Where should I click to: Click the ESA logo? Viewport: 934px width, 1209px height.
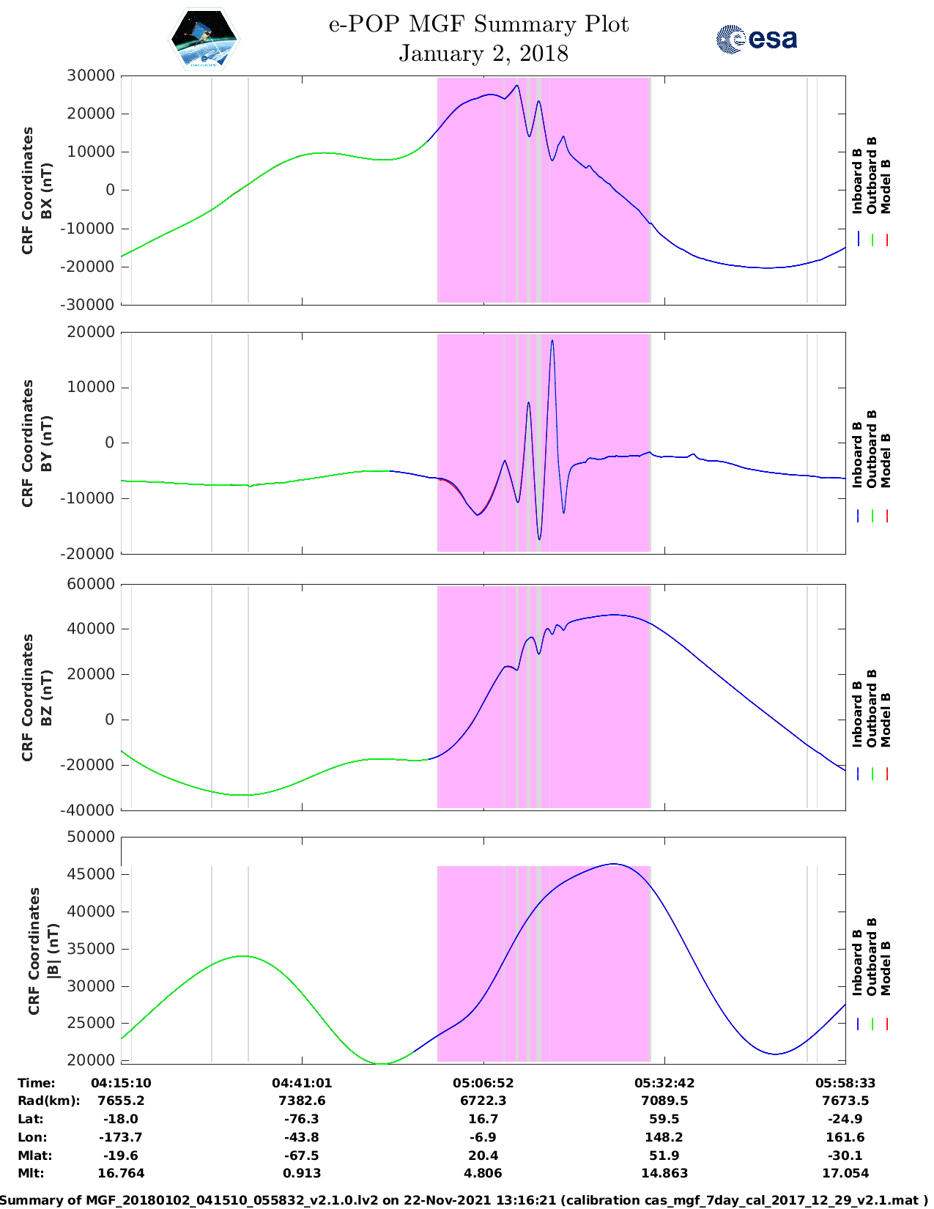tap(756, 39)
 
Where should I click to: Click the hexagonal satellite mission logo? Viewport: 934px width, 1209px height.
tap(204, 40)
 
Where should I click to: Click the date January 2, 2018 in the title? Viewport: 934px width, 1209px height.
tap(483, 53)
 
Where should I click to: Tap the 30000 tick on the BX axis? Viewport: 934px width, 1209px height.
tap(90, 75)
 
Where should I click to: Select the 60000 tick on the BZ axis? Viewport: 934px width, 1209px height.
tap(90, 584)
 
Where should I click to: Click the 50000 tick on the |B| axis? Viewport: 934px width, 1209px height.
tap(90, 837)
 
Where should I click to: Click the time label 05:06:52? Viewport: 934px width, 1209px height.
tap(483, 1083)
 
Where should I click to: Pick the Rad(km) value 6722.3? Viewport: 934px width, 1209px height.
tap(483, 1101)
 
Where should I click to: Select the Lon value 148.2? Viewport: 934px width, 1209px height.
tap(664, 1137)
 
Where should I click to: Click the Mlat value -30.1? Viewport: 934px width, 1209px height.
tap(845, 1156)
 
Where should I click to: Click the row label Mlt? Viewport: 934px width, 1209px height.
tap(31, 1173)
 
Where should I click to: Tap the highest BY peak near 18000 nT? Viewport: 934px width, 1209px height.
tap(552, 341)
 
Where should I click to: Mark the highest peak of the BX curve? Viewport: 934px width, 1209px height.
tap(517, 86)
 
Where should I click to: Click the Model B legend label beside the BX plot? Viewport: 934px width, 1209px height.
tap(886, 186)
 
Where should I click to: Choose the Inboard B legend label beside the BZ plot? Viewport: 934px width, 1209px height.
tap(857, 714)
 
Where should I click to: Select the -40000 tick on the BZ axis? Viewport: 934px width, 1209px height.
tap(90, 810)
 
